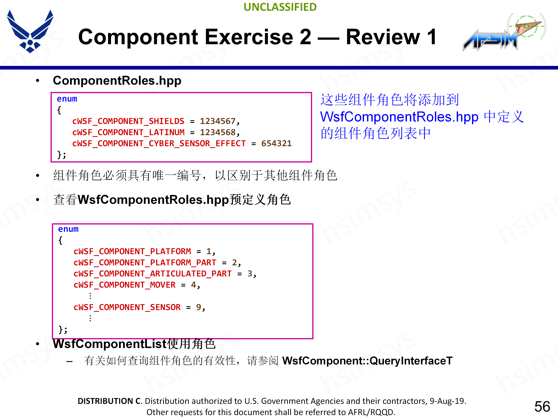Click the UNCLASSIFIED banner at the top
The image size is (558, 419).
pyautogui.click(x=280, y=7)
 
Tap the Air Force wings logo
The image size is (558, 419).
pyautogui.click(x=30, y=31)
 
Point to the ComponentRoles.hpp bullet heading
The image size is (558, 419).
pyautogui.click(x=117, y=81)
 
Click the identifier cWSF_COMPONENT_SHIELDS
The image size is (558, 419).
pyautogui.click(x=128, y=121)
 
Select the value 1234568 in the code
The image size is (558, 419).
pyautogui.click(x=218, y=132)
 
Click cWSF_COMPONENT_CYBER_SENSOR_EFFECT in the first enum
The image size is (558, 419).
pyautogui.click(x=159, y=143)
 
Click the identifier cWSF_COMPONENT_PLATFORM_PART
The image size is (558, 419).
pyautogui.click(x=145, y=263)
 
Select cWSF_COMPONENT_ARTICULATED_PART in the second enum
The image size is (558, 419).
pyautogui.click(x=153, y=274)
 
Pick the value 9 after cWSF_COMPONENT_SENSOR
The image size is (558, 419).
pyautogui.click(x=198, y=307)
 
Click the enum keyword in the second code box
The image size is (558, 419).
pyautogui.click(x=68, y=229)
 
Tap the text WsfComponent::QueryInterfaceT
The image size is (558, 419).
pyautogui.click(x=367, y=361)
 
